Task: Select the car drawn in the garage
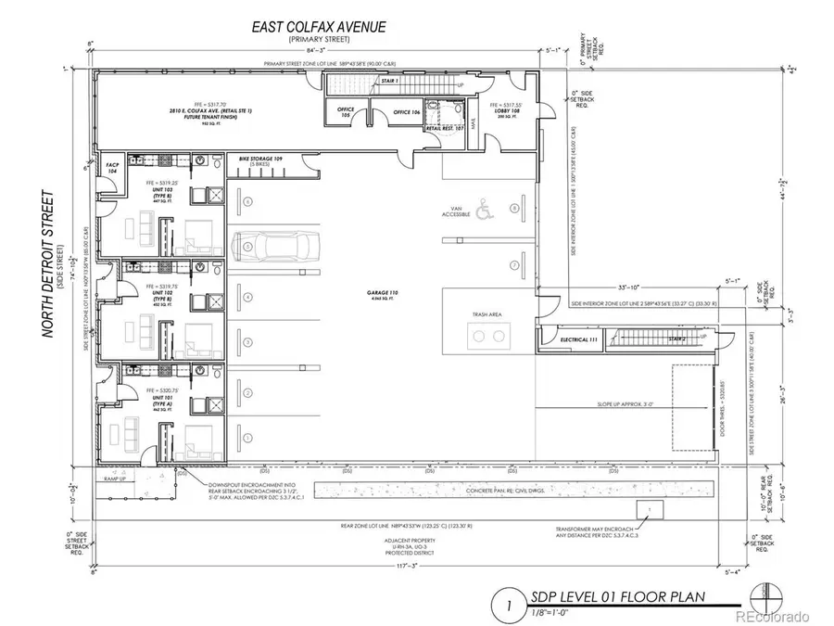[x=279, y=246]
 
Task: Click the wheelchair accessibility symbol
[x=483, y=211]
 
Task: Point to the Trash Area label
[x=489, y=315]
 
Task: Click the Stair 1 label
[x=364, y=82]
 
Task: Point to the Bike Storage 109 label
[x=259, y=160]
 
